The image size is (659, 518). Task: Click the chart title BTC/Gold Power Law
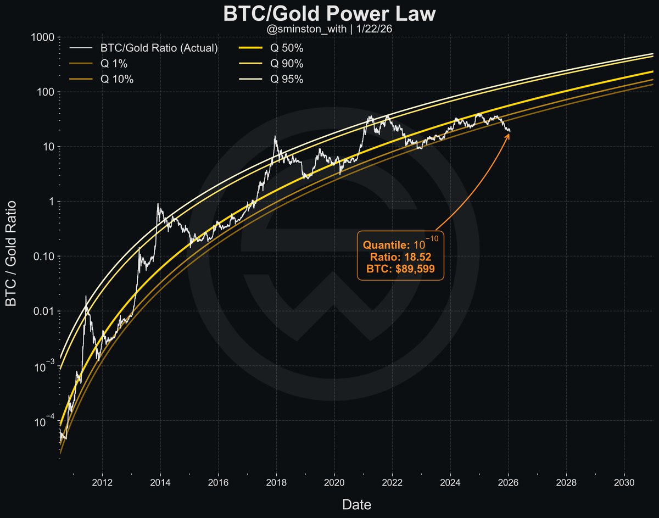click(329, 14)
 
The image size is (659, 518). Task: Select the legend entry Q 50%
click(287, 48)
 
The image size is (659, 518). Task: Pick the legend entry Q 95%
click(287, 79)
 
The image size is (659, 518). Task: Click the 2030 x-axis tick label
click(623, 483)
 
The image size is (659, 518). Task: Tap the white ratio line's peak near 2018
click(275, 137)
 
